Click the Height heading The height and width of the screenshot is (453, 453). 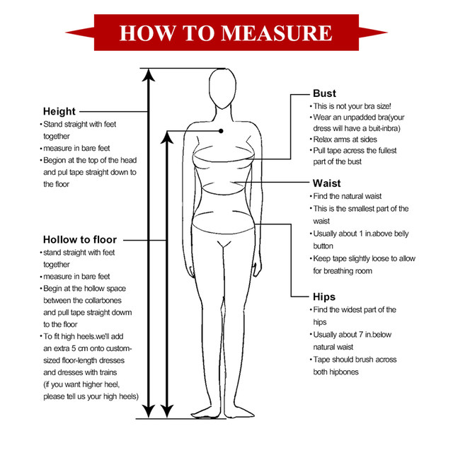coord(59,111)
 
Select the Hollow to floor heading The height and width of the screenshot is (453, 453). coord(80,239)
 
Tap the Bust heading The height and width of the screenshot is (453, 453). coord(324,93)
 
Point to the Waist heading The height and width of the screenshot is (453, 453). coord(326,183)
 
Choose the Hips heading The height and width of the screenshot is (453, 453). coord(324,297)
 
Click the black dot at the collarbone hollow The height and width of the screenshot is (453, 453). coord(222,130)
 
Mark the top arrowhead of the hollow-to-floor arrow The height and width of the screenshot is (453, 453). coord(167,135)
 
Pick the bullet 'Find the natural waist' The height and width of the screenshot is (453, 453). coord(348,196)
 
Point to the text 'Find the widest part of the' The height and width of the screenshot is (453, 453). coord(354,310)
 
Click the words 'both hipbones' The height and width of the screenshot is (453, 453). coord(337,372)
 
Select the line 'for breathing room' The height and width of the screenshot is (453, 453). coord(343,271)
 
